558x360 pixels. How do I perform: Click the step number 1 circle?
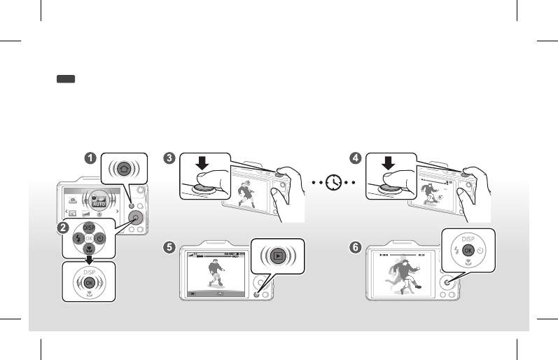pos(91,158)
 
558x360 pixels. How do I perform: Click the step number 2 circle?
pos(63,228)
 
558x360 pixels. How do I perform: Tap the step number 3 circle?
pos(169,158)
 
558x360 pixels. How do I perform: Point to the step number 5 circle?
pos(169,247)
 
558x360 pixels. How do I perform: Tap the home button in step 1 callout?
pos(123,169)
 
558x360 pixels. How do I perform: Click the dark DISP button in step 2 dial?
pos(89,228)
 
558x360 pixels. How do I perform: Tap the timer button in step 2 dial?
pos(102,238)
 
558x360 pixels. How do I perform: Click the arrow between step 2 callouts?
pos(89,258)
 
